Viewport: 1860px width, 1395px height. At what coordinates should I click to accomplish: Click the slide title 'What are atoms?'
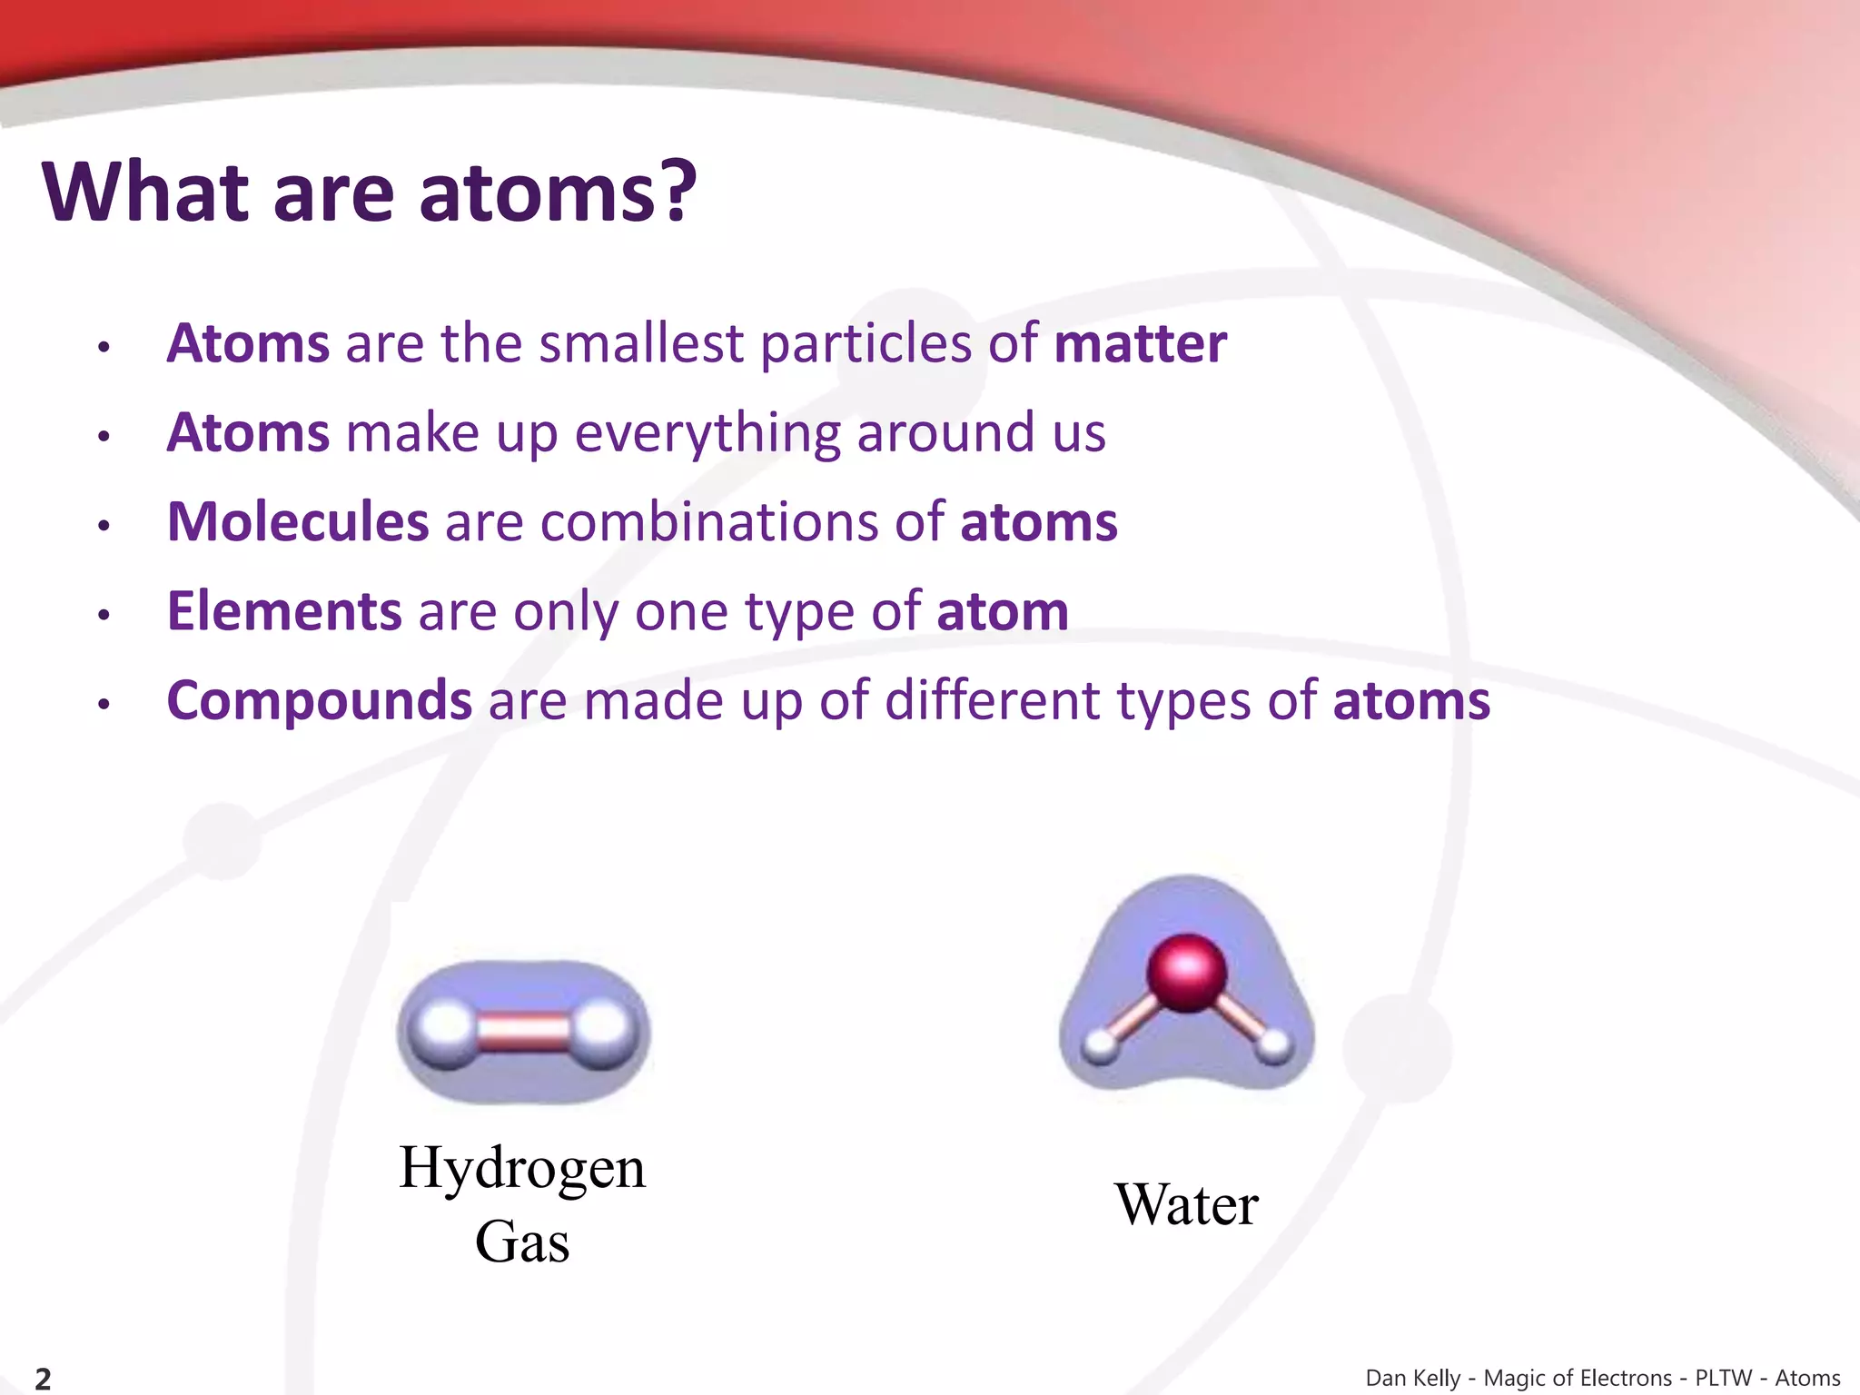369,193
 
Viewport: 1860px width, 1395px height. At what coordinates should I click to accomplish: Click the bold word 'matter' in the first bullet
1140,344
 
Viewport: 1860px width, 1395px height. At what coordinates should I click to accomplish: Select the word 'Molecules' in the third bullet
298,522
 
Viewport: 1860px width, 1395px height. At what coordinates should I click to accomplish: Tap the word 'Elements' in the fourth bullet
284,611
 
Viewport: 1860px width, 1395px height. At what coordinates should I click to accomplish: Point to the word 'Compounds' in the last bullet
320,701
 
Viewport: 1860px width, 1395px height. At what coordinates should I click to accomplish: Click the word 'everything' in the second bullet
707,433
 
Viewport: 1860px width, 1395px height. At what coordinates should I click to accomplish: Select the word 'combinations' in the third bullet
709,522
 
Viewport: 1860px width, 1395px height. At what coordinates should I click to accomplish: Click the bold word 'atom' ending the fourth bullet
1002,611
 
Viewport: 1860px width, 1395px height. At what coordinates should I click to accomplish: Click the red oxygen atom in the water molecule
1186,972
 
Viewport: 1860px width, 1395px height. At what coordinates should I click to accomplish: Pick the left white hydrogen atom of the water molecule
1101,1046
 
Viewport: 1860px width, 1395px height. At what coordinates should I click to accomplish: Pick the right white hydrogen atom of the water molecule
1274,1046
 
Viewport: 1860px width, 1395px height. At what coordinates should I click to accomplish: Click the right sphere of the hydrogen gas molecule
605,1032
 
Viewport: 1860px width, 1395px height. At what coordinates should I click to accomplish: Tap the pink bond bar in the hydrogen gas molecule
523,1033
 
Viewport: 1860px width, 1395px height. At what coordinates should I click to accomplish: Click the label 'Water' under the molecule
1186,1205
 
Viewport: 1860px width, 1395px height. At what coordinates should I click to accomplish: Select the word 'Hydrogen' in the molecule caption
522,1168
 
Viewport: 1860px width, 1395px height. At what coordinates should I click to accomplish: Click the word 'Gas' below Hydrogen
522,1242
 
